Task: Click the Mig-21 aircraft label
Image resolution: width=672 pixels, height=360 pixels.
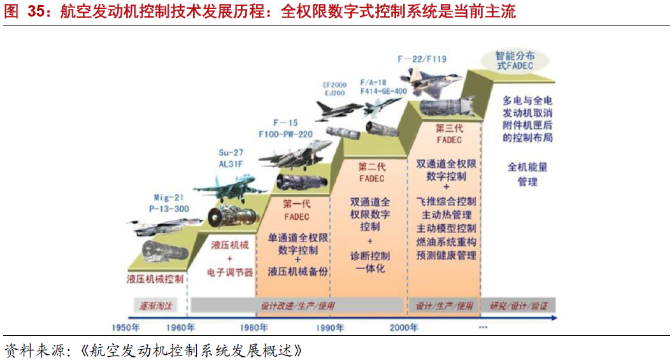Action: coord(171,198)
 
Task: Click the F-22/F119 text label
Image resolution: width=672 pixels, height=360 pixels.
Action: coord(422,59)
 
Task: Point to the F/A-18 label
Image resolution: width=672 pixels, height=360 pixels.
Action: coord(374,82)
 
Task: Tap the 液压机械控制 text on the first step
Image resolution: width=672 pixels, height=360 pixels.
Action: coord(155,278)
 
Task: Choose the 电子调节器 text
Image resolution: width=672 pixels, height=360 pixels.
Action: coord(230,272)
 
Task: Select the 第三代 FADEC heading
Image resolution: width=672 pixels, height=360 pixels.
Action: coord(450,133)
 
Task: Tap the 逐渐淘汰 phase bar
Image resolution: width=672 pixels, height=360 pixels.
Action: coord(156,306)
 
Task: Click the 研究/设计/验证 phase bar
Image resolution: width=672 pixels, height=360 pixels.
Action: coord(518,306)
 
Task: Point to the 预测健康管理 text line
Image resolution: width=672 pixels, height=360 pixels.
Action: coord(447,255)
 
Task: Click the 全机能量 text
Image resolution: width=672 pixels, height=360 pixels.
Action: coord(527,168)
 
